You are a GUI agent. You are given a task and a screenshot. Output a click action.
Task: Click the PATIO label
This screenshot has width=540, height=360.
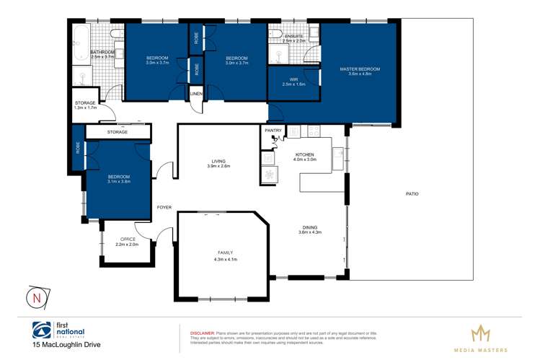(x=412, y=194)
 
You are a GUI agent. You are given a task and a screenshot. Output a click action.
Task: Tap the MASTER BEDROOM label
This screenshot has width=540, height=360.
(x=360, y=69)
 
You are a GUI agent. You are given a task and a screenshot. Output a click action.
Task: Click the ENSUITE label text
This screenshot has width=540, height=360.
(x=294, y=35)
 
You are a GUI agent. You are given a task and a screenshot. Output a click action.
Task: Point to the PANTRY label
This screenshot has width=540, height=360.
(x=273, y=131)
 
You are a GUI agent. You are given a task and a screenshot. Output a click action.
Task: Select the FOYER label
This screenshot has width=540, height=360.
(x=164, y=207)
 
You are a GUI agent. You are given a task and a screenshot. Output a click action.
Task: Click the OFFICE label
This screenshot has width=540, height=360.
(x=128, y=240)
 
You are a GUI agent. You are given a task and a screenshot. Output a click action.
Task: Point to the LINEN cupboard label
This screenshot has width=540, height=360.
(x=196, y=94)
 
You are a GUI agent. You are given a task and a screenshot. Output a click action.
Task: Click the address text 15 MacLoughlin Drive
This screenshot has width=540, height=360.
(x=66, y=345)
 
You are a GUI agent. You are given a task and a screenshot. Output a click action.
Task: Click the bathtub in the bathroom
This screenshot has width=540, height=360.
(x=80, y=36)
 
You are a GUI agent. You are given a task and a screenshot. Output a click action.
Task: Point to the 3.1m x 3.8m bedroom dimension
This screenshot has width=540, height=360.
(x=119, y=182)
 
